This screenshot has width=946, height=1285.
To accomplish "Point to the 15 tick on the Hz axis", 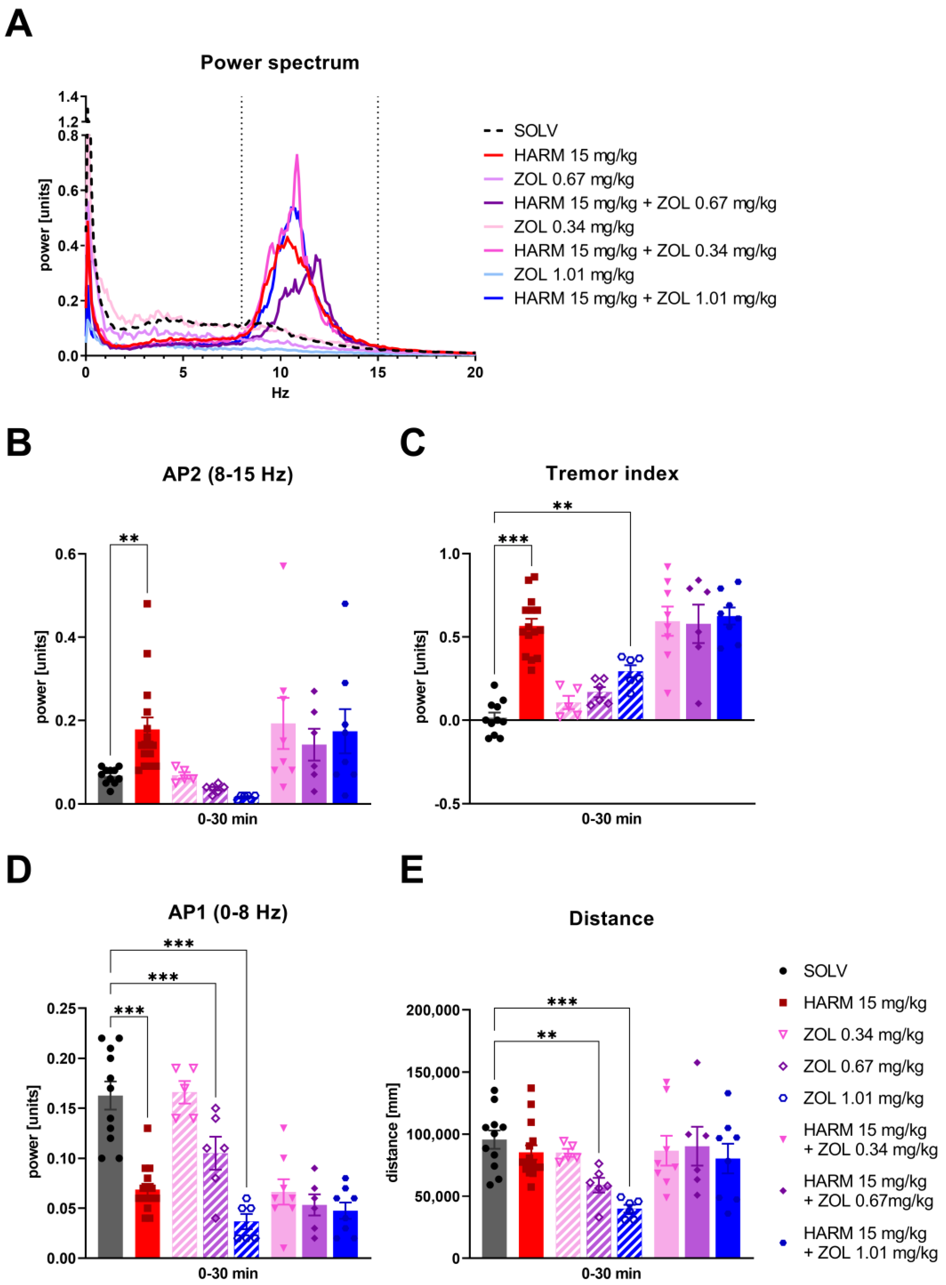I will point(377,372).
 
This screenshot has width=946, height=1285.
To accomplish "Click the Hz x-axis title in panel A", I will point(280,393).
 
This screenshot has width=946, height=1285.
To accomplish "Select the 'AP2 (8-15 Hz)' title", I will point(227,474).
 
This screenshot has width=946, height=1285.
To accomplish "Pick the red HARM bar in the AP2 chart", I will point(147,767).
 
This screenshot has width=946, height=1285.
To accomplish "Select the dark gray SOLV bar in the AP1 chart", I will point(111,1177).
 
